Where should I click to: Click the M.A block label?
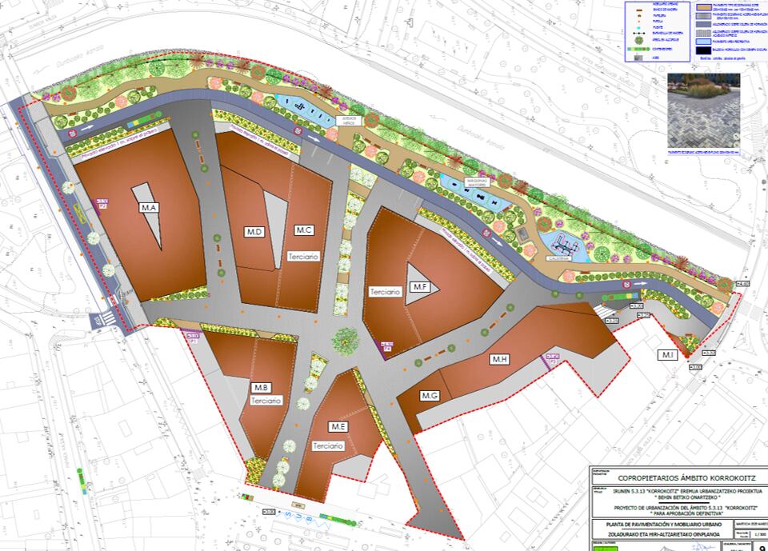click(149, 208)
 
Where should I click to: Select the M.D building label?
click(255, 232)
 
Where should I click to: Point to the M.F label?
click(420, 286)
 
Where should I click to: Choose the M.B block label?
click(260, 387)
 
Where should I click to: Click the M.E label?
click(336, 425)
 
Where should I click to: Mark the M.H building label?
click(500, 360)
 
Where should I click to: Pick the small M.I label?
click(667, 355)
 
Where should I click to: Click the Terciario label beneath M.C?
click(303, 257)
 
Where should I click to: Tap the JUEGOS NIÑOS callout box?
click(350, 120)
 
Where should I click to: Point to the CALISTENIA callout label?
click(558, 258)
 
